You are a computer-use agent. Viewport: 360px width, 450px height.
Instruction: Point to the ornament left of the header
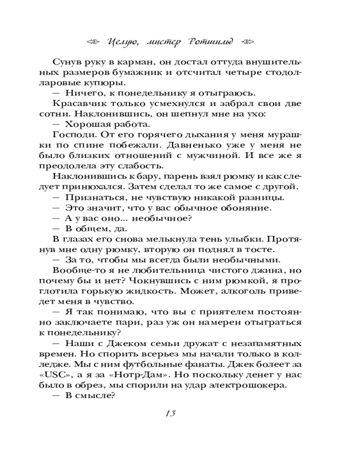coord(94,41)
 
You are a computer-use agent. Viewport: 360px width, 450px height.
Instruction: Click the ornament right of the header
coord(247,41)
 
